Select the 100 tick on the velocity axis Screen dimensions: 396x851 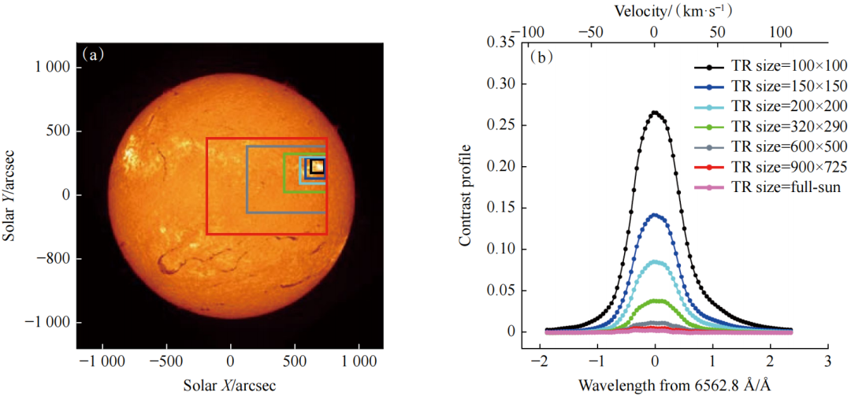(781, 31)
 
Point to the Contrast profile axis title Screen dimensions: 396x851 (466, 194)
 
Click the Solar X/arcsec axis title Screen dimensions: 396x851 (229, 385)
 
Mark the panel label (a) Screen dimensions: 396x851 (93, 55)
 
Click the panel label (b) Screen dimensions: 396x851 (542, 57)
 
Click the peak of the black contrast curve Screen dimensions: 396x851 (655, 112)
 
